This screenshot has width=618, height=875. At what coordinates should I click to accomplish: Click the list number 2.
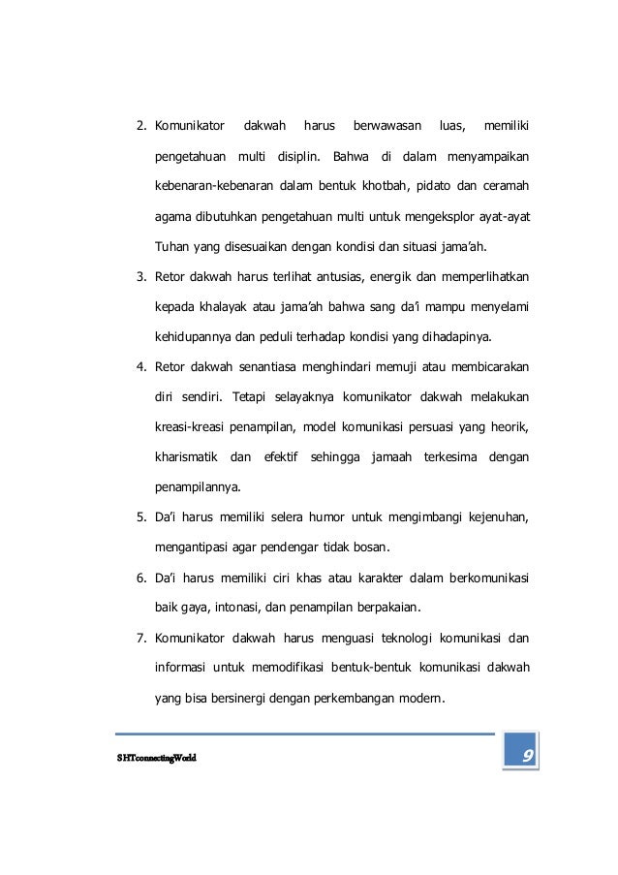coord(139,126)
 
